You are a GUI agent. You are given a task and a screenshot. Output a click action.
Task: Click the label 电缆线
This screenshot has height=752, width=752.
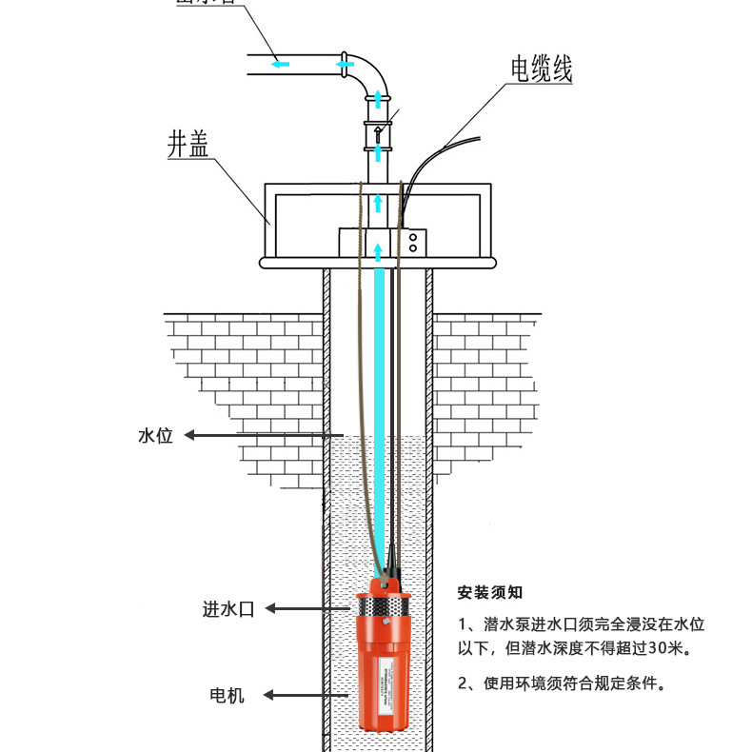[541, 69]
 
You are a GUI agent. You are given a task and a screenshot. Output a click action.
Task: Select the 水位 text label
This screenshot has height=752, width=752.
[155, 436]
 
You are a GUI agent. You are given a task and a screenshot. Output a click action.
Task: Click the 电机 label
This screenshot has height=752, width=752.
[227, 695]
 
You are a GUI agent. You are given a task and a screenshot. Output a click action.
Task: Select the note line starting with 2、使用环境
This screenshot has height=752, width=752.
[561, 683]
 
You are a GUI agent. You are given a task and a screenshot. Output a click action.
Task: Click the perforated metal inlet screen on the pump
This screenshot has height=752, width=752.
[383, 606]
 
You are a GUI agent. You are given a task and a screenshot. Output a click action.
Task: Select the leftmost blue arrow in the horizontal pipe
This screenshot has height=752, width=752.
[279, 64]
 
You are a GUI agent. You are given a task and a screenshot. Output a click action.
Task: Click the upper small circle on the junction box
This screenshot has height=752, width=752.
[413, 235]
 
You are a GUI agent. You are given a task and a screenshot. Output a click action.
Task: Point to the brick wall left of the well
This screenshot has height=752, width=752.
[247, 381]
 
